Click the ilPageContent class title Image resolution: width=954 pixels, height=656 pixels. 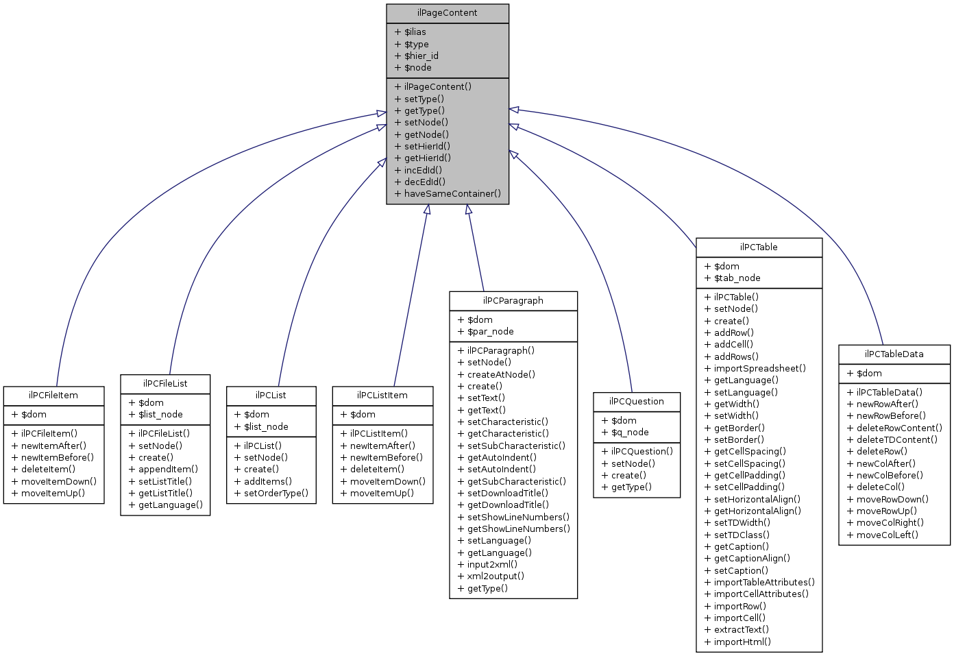[x=447, y=13]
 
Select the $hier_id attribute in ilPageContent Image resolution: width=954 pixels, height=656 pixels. [x=421, y=56]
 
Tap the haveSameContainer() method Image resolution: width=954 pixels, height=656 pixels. [x=452, y=193]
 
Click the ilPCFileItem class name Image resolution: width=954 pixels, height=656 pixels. [x=53, y=396]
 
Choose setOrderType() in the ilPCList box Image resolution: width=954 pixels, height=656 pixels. [x=276, y=493]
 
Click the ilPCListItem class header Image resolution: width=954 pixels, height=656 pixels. [x=382, y=396]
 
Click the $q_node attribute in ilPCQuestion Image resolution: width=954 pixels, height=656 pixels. [x=630, y=433]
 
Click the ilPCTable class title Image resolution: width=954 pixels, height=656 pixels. [x=759, y=247]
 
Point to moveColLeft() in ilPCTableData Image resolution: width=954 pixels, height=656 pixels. [x=887, y=535]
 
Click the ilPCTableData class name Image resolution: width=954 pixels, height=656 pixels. [x=894, y=354]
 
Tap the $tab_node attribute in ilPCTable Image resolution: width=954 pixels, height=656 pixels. [x=737, y=278]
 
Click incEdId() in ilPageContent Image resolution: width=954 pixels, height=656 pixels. [x=423, y=170]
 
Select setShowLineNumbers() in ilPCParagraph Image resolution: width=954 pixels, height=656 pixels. [x=517, y=518]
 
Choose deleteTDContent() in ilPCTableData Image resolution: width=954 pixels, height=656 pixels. [x=896, y=440]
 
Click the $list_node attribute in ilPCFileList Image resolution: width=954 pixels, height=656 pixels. [x=160, y=415]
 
